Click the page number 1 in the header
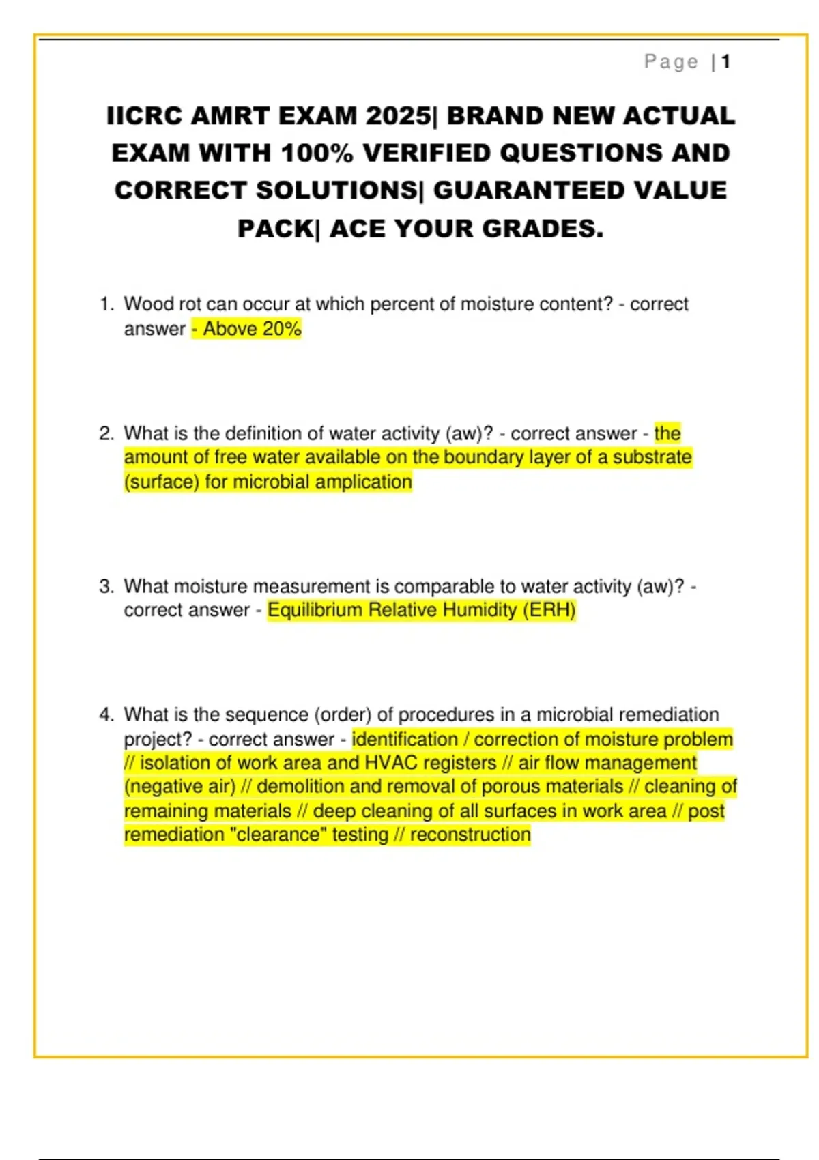click(725, 62)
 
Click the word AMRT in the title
click(230, 116)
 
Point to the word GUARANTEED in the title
click(529, 190)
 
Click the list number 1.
click(106, 304)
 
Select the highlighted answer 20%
click(282, 329)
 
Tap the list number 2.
click(106, 434)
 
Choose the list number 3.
click(106, 587)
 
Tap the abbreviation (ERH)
click(549, 610)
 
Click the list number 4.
click(106, 715)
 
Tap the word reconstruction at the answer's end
click(470, 835)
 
